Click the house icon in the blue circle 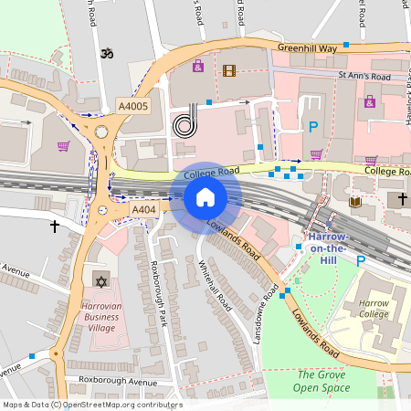[x=205, y=197]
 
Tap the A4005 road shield [x=132, y=106]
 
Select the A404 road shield [x=143, y=210]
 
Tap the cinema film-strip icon [x=228, y=69]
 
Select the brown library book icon [x=354, y=201]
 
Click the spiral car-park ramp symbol [x=184, y=121]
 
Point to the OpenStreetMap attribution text [x=91, y=405]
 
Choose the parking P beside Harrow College [x=360, y=260]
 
